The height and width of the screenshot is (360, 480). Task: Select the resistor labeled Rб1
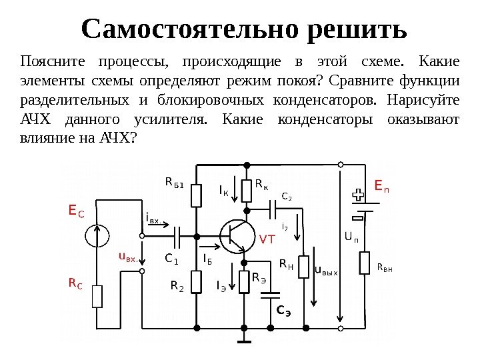(196, 196)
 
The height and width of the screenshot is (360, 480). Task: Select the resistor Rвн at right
(365, 263)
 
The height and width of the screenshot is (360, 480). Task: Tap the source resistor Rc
(97, 295)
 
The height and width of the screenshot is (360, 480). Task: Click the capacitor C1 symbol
(177, 235)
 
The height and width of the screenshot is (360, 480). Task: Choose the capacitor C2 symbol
(273, 209)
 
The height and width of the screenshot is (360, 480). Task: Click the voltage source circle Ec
(97, 235)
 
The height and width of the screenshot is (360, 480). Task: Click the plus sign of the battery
(357, 195)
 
